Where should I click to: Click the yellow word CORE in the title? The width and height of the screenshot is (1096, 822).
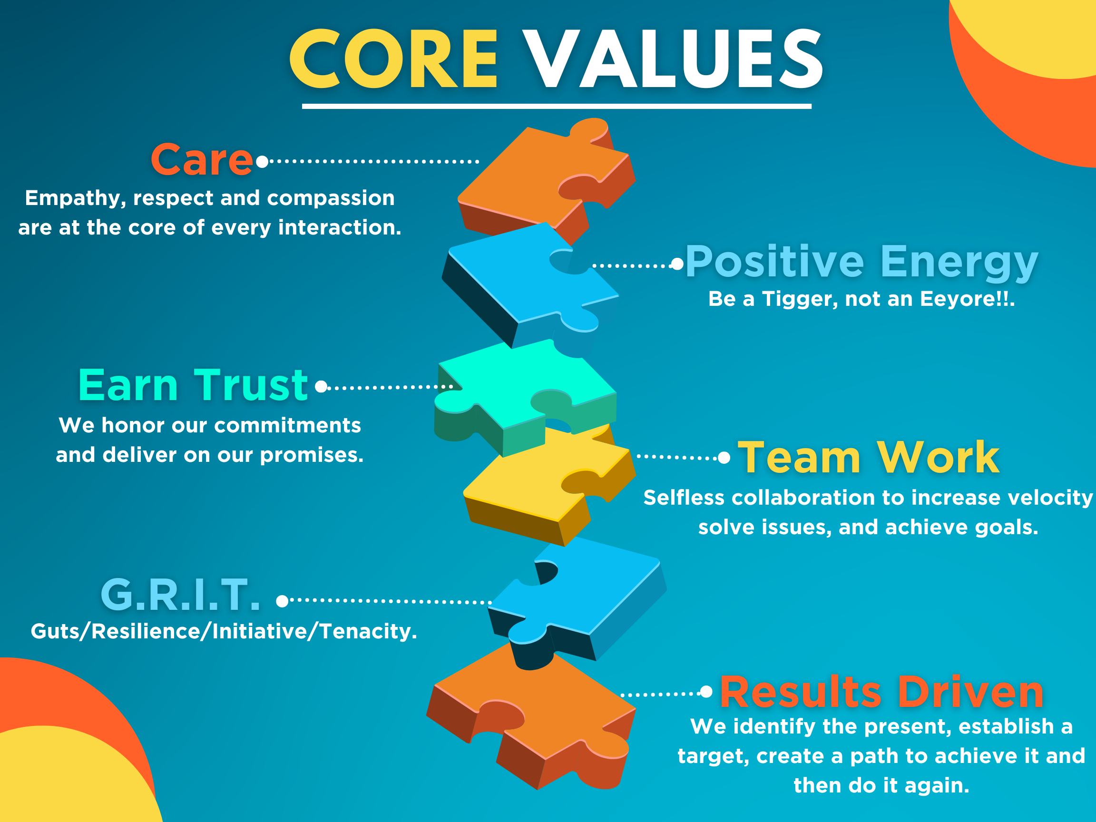pos(393,59)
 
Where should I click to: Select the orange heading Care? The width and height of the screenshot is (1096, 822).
pos(202,159)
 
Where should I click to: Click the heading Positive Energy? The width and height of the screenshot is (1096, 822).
pos(861,262)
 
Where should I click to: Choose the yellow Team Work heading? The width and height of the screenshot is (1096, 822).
pos(869,457)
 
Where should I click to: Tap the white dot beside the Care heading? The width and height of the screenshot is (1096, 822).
pos(262,162)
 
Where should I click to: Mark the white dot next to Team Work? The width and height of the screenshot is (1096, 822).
pos(724,458)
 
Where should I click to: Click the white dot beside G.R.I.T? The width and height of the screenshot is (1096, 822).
pos(282,601)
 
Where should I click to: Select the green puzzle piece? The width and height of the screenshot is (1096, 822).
pos(525,396)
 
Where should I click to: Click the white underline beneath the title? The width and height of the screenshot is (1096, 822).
pos(557,106)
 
